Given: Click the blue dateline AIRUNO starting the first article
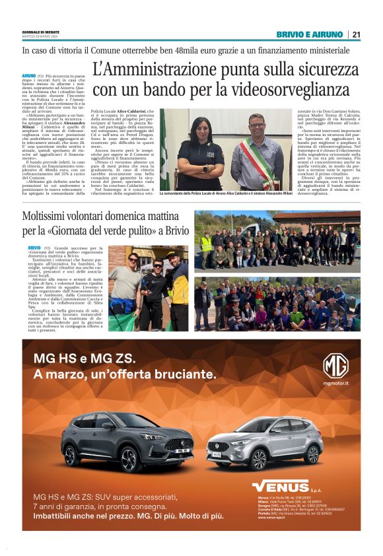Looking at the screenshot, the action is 29,77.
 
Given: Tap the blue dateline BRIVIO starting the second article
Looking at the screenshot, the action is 34,247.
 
